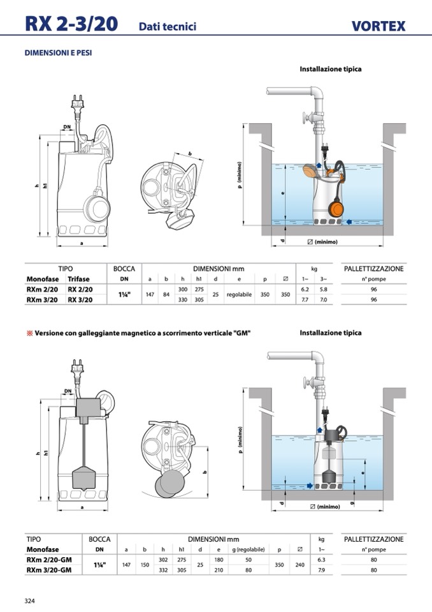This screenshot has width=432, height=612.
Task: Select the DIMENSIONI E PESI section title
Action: (58, 53)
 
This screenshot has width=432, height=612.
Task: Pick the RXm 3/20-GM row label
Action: (48, 570)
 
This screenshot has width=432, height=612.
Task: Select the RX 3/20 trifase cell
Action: (80, 299)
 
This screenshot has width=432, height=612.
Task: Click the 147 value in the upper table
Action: (149, 294)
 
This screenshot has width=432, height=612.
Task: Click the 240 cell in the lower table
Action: (301, 565)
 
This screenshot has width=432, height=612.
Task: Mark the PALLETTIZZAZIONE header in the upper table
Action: (373, 269)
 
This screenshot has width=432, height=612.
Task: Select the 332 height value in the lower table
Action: (163, 570)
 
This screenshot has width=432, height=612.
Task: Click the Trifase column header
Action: (79, 279)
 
